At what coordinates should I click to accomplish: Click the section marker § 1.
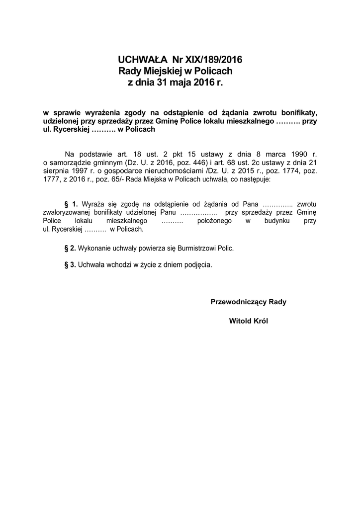coord(72,204)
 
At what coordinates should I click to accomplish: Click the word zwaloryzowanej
coord(67,213)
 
